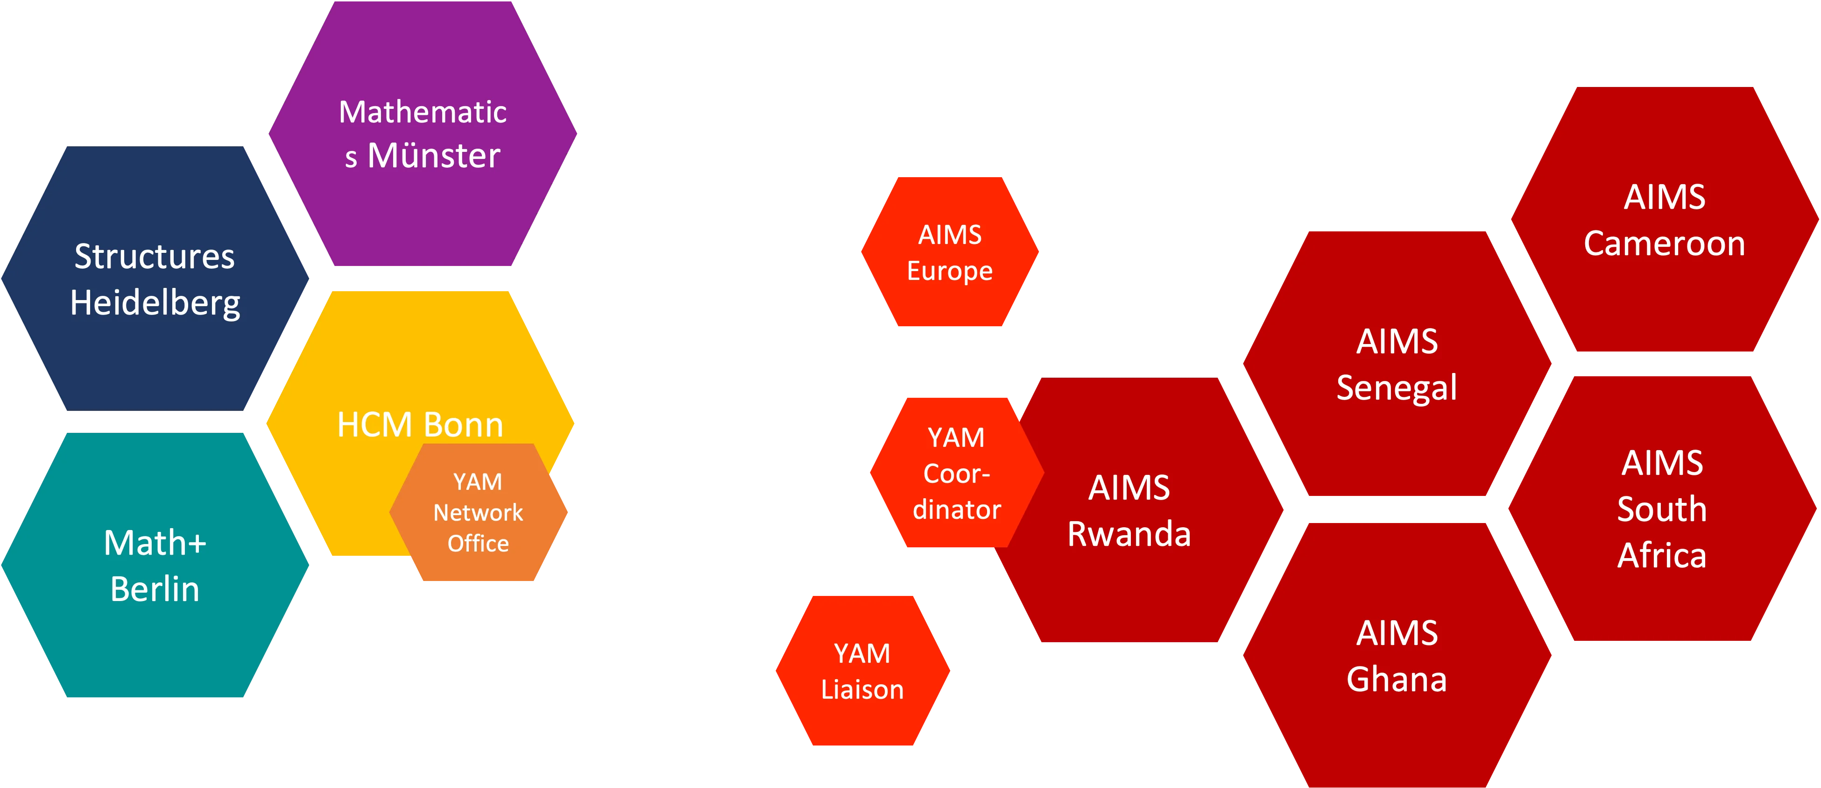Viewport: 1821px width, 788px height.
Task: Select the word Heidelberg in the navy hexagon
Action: click(155, 303)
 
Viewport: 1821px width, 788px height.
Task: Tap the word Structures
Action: click(155, 256)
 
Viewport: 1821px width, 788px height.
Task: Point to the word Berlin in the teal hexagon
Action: click(155, 589)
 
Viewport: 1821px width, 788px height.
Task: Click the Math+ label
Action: click(155, 543)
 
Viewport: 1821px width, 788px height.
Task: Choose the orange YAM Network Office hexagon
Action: click(479, 513)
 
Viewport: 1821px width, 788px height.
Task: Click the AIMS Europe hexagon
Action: click(949, 252)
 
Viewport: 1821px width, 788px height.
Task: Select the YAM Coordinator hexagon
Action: click(956, 473)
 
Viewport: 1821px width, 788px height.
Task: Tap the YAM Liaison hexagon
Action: click(862, 671)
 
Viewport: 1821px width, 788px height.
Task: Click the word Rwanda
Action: click(1129, 534)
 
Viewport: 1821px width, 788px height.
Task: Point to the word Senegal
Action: click(1397, 387)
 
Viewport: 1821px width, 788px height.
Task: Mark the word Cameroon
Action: click(1664, 244)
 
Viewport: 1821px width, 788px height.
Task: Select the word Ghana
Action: click(1397, 679)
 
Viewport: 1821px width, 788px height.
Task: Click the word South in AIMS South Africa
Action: click(1662, 509)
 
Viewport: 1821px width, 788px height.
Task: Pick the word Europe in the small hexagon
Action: click(949, 271)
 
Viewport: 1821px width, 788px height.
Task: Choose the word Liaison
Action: click(862, 690)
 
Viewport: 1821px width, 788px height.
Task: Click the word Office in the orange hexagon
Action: click(479, 543)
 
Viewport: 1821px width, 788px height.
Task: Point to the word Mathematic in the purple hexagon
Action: click(423, 112)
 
